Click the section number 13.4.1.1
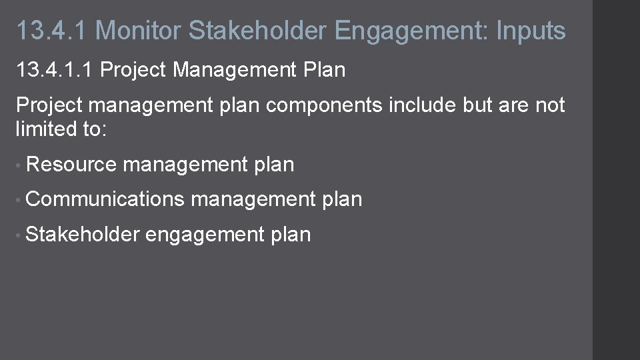coord(54,69)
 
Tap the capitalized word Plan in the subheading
coord(324,69)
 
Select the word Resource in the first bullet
coord(72,165)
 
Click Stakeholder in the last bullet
coord(83,234)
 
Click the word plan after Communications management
coord(341,199)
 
